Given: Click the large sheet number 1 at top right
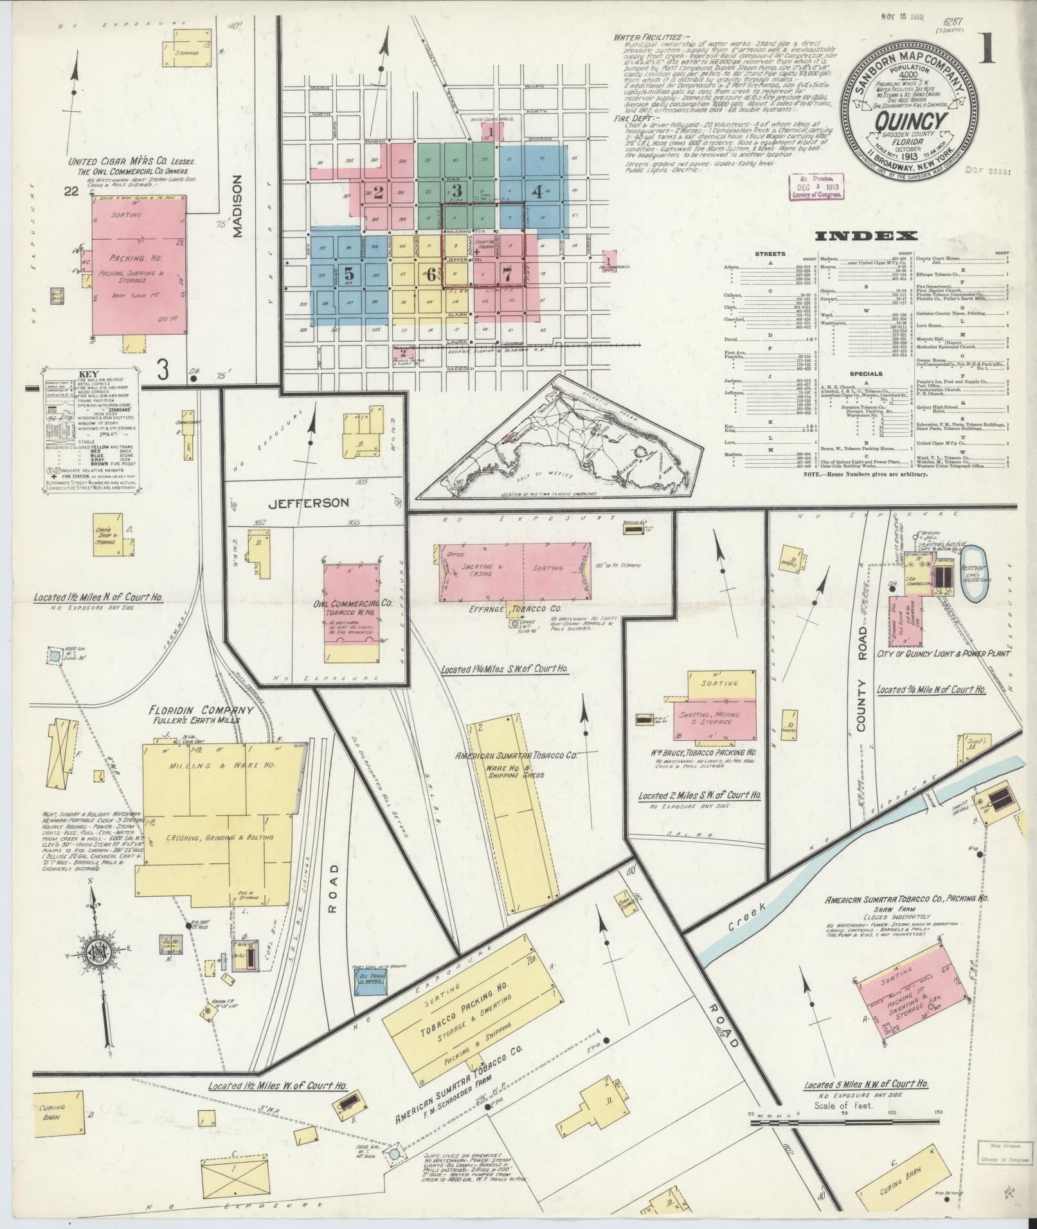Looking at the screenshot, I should coord(987,49).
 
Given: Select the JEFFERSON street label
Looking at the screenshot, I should coord(318,502).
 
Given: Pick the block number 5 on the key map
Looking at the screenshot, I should coord(347,272).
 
